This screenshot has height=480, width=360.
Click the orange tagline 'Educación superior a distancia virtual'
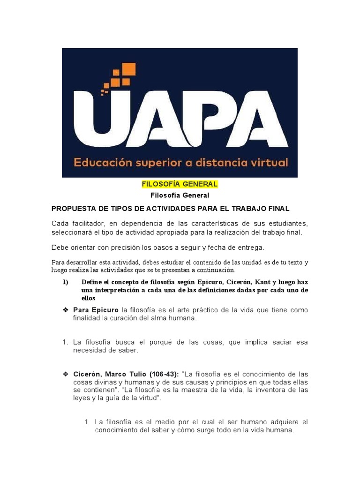tap(180, 163)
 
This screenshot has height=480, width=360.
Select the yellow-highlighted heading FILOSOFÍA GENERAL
tap(180, 184)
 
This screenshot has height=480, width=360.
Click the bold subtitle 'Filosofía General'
tap(180, 195)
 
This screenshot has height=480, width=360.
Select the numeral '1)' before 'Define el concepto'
tap(65, 282)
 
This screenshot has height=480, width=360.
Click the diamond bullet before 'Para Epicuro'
tap(66, 310)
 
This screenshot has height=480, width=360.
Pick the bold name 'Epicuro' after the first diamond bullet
tap(104, 310)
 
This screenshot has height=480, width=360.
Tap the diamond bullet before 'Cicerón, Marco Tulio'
tap(66, 374)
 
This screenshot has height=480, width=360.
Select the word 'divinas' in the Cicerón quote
tap(107, 382)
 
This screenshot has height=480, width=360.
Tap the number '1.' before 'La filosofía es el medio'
tap(87, 422)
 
